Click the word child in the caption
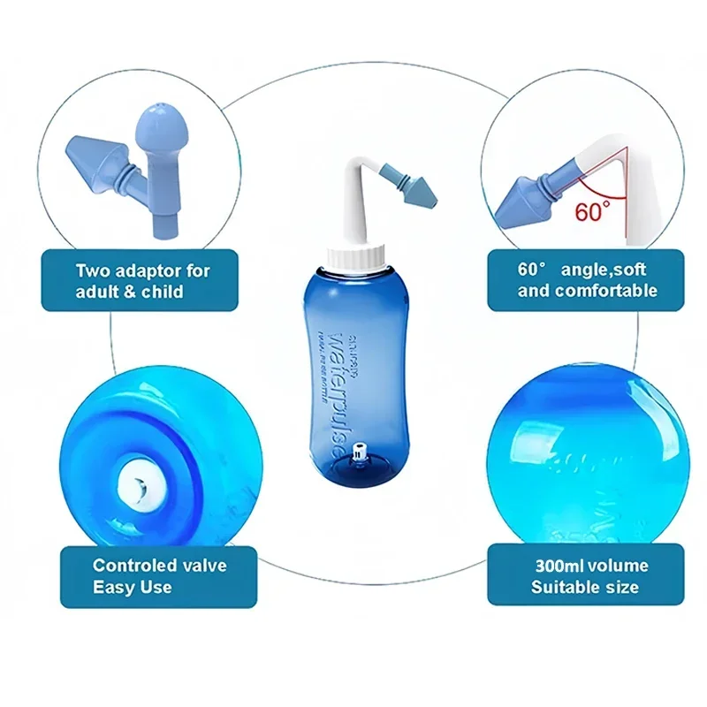point(163,291)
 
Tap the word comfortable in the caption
point(607,291)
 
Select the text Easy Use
point(133,586)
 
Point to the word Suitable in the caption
point(561,586)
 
